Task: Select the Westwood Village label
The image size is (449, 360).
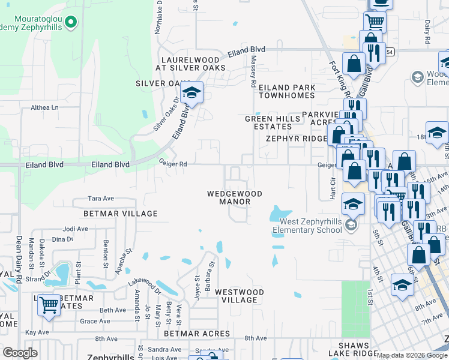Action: (x=240, y=296)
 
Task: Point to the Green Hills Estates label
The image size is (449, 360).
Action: (x=268, y=122)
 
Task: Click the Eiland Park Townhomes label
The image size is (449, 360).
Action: (x=287, y=91)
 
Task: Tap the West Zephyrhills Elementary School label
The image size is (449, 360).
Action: (x=307, y=226)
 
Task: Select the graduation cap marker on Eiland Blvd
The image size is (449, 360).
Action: (x=191, y=94)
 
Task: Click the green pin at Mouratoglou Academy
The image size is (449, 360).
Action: (x=71, y=23)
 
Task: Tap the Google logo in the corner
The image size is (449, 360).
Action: (x=20, y=353)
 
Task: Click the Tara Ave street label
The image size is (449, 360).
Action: (x=101, y=198)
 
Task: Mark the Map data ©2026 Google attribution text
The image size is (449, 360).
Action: (x=412, y=355)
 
